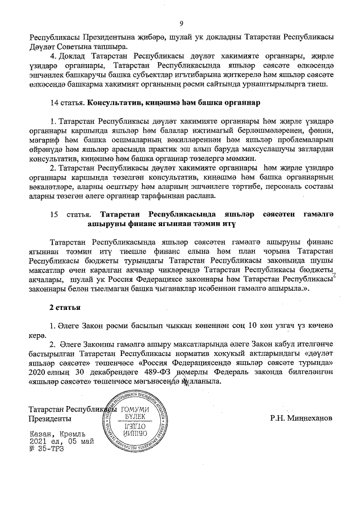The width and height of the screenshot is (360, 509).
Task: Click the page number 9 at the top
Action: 181,23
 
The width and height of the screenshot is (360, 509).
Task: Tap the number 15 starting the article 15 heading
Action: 55,214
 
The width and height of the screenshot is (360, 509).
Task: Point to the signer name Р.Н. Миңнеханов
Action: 301,418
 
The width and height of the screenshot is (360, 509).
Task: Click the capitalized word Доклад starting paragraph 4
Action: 73,57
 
